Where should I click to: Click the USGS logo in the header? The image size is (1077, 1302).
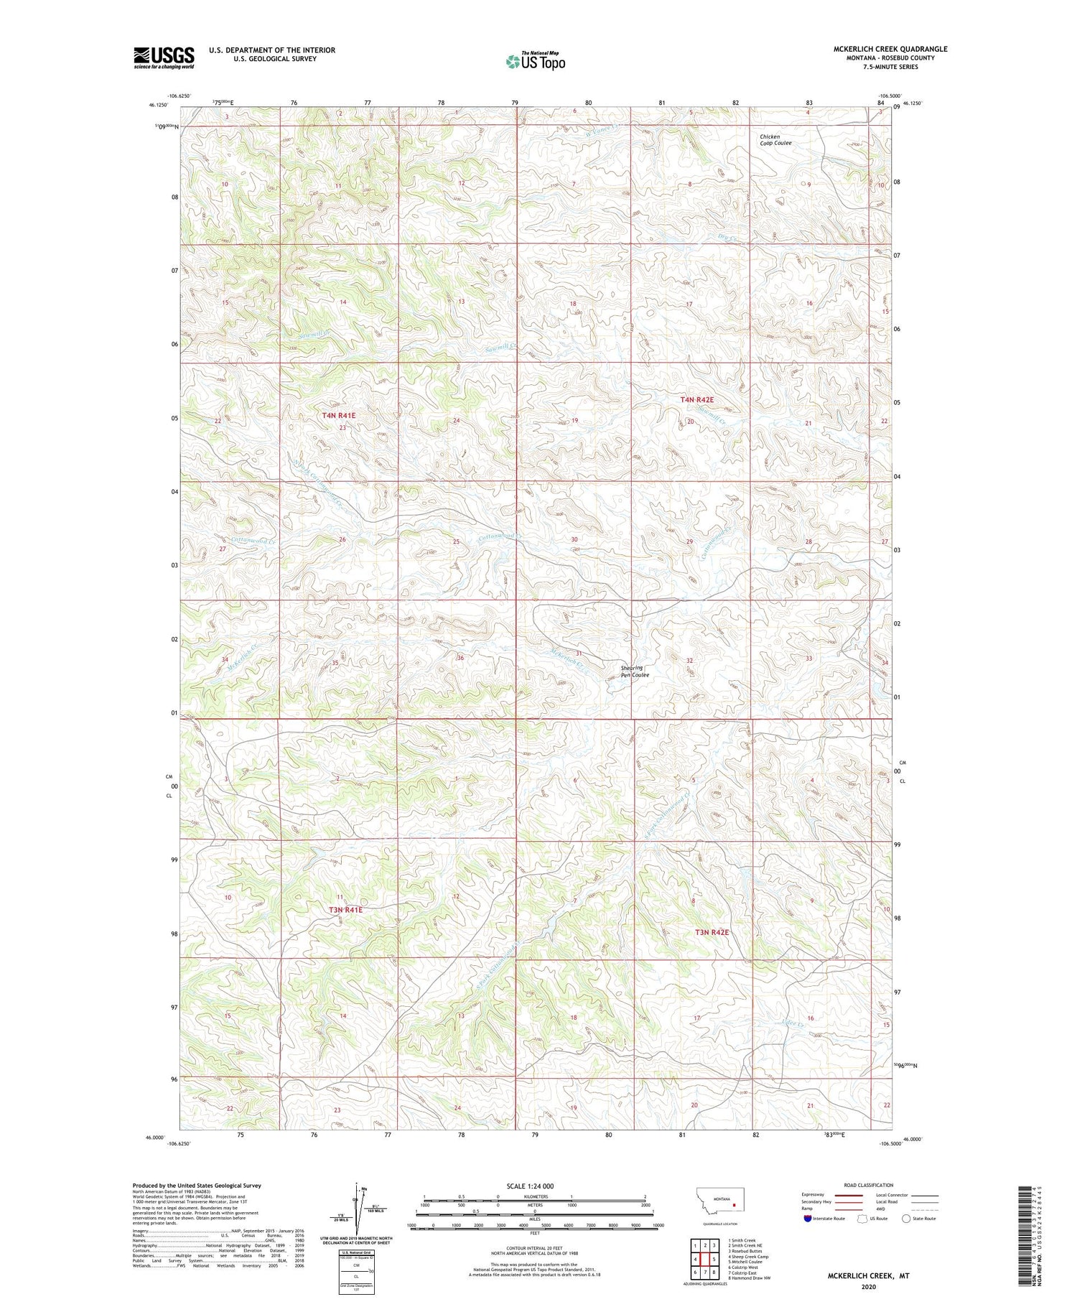click(x=164, y=57)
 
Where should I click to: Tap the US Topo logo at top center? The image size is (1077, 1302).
click(x=536, y=62)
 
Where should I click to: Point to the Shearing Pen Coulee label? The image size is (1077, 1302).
click(x=635, y=671)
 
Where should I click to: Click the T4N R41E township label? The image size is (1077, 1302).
click(x=339, y=415)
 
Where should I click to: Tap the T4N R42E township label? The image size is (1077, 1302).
click(x=696, y=399)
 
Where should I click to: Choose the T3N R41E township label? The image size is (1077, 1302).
click(x=346, y=910)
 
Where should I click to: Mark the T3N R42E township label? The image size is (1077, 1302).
click(x=712, y=932)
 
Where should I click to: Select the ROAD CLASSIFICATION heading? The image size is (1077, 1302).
click(x=869, y=1185)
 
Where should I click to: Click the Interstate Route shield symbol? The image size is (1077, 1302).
click(x=807, y=1219)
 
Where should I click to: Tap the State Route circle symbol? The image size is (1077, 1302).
click(x=906, y=1219)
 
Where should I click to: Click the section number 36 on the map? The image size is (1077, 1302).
click(x=460, y=658)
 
